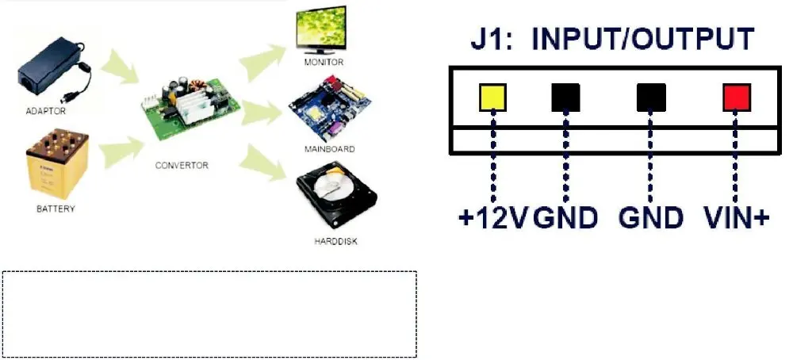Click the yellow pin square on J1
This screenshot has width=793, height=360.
point(492,97)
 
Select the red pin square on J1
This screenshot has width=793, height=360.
point(737,97)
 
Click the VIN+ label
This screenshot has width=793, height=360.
point(737,218)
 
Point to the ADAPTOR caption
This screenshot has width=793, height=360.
point(45,111)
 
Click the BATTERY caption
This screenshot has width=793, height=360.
point(56,209)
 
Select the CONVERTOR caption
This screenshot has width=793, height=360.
point(182,166)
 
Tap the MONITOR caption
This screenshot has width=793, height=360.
point(324,62)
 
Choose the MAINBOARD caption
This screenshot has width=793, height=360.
point(329,149)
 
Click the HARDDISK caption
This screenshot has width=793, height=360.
point(335,241)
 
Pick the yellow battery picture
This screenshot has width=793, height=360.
point(58,164)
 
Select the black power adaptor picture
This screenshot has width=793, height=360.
point(53,69)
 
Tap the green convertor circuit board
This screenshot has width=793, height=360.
point(190,107)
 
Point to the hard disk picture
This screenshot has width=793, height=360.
point(336,194)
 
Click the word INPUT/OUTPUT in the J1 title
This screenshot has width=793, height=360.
point(643,38)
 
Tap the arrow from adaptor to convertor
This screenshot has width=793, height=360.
point(120,67)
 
